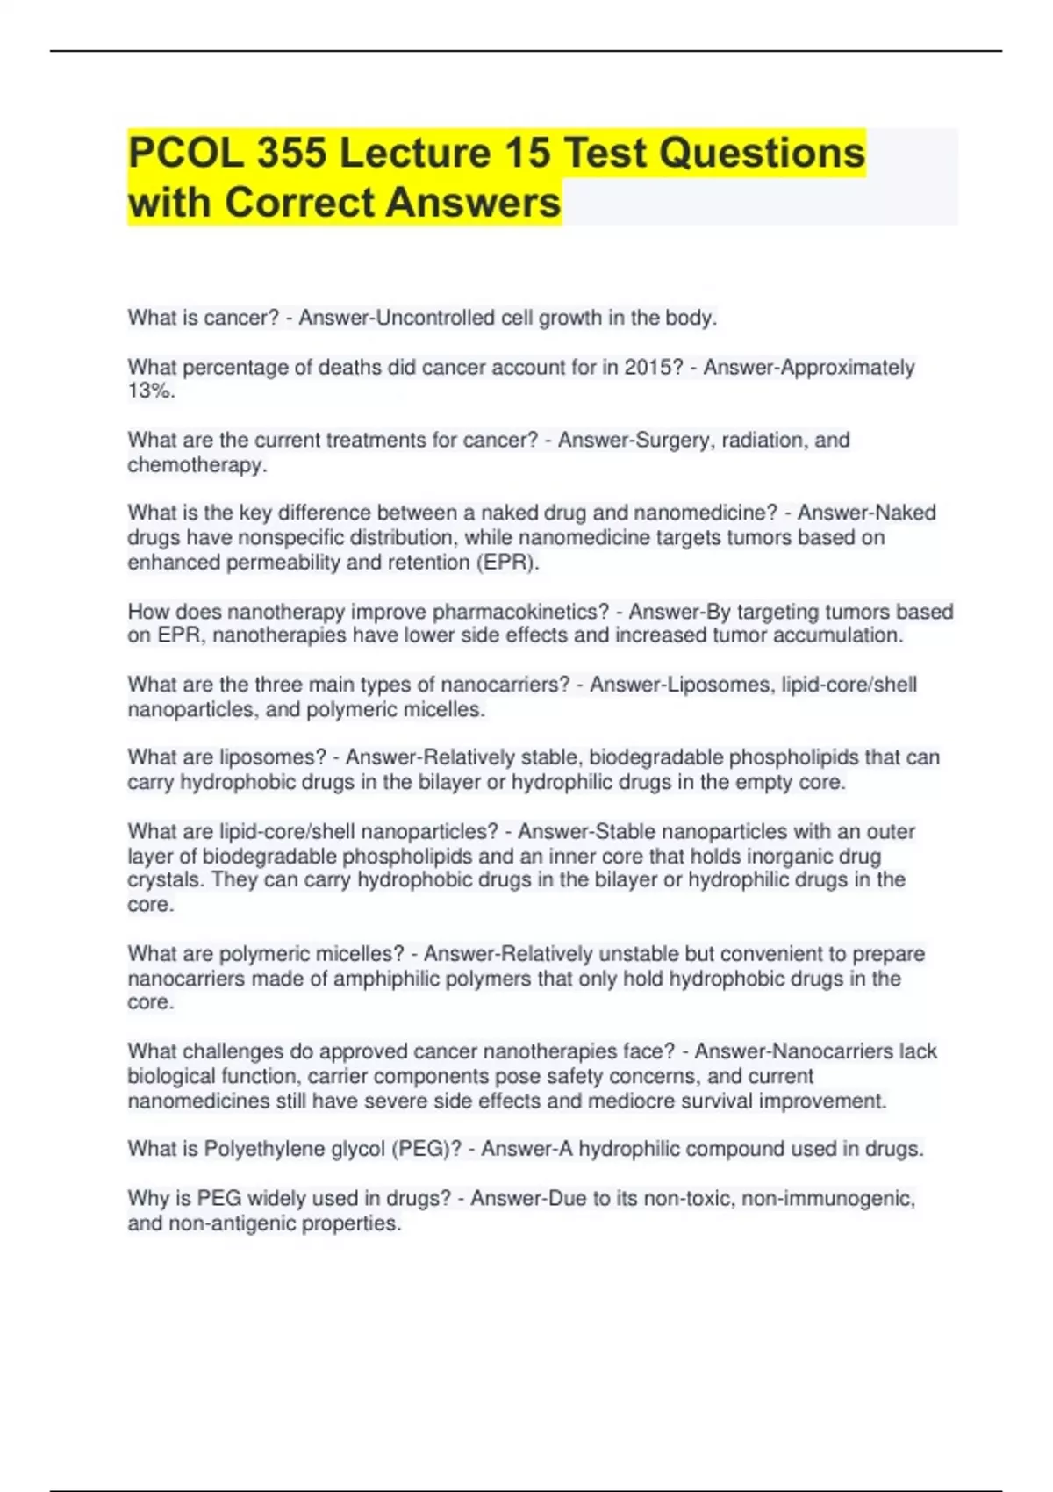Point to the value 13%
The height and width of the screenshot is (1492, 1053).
(151, 391)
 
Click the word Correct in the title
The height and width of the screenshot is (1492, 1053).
(298, 203)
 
